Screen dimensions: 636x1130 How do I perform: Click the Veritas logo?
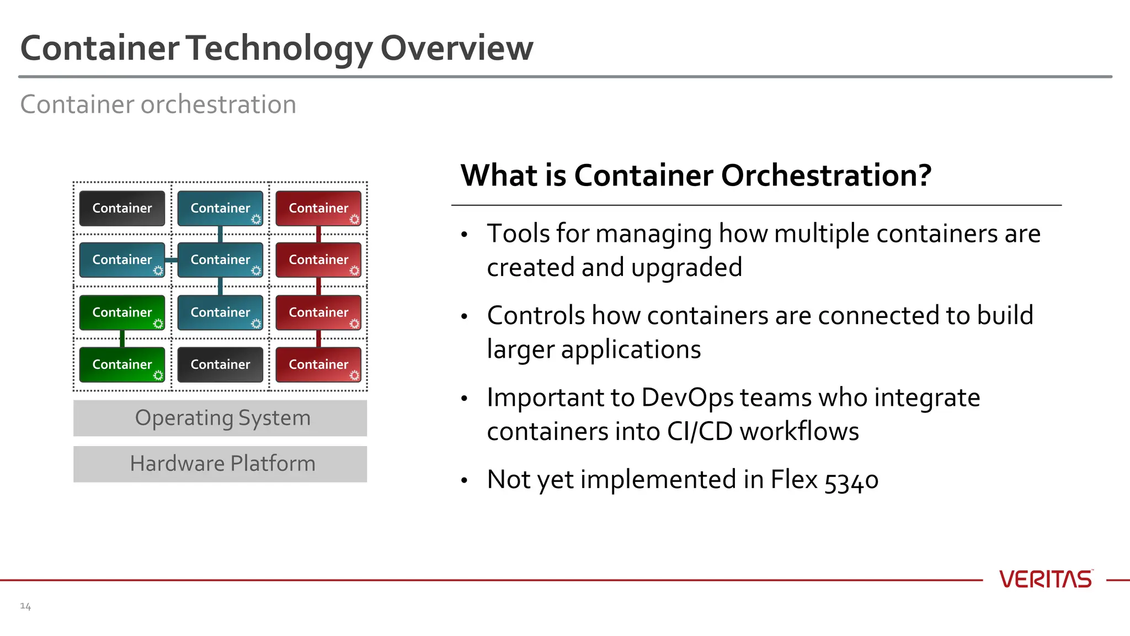click(x=1045, y=579)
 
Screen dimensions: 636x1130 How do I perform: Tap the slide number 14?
click(x=25, y=606)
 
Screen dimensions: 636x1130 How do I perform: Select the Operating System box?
click(x=220, y=418)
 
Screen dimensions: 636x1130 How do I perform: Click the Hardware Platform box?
click(x=220, y=464)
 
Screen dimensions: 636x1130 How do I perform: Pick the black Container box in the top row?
click(x=122, y=208)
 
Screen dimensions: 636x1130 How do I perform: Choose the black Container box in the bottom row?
click(x=220, y=364)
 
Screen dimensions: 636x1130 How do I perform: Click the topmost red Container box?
click(x=318, y=208)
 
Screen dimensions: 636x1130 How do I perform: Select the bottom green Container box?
click(x=122, y=364)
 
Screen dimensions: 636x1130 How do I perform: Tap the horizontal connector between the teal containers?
click(x=171, y=260)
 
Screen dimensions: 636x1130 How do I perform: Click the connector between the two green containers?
click(x=122, y=338)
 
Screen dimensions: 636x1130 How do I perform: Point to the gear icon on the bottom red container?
click(x=354, y=375)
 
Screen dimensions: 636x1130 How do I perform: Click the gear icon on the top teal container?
click(x=256, y=219)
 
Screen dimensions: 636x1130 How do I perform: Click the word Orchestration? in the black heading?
click(x=826, y=176)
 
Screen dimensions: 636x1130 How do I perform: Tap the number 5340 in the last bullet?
click(x=851, y=480)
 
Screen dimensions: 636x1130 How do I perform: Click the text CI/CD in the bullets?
click(x=699, y=431)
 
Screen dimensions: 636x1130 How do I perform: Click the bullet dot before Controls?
click(x=465, y=316)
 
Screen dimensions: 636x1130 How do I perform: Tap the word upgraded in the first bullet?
click(x=686, y=268)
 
